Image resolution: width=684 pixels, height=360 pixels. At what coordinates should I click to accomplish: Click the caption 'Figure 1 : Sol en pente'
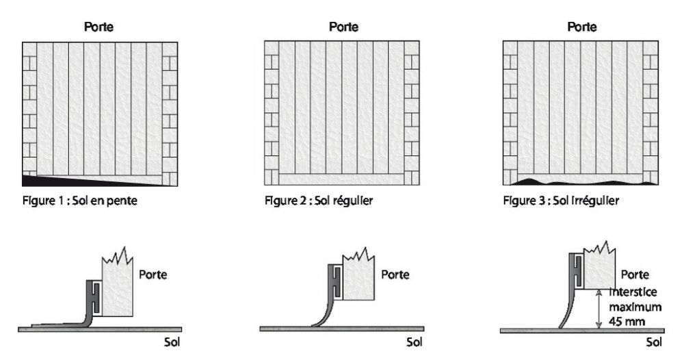tap(80, 201)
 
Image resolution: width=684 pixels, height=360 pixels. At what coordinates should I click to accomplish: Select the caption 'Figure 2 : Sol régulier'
tap(319, 201)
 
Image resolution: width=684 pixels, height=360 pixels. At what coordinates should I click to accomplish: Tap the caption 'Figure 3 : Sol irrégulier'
tap(561, 201)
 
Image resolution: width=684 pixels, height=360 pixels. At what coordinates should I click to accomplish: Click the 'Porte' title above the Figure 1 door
tap(98, 27)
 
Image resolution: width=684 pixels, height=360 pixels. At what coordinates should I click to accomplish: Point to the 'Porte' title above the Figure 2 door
tap(344, 27)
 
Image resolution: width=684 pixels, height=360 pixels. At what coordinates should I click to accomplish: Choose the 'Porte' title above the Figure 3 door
tap(582, 27)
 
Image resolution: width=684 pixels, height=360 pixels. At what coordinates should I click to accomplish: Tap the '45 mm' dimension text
tap(627, 322)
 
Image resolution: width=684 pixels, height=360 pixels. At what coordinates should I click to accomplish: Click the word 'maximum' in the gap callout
tap(635, 307)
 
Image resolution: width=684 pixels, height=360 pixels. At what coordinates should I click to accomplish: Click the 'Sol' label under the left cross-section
tap(172, 342)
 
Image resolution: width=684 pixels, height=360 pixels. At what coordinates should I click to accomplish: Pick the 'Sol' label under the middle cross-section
tap(415, 342)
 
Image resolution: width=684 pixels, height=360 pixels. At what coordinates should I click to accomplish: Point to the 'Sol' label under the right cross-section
tap(654, 342)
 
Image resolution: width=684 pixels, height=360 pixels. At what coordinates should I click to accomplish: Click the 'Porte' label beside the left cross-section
tap(153, 274)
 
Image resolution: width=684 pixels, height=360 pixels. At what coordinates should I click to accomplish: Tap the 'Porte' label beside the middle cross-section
tap(395, 274)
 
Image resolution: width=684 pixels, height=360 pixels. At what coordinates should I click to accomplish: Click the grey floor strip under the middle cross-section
tap(342, 329)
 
